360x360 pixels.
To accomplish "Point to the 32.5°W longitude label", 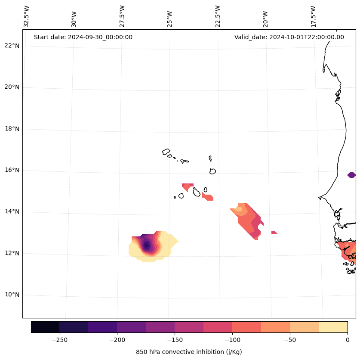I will coord(27,16).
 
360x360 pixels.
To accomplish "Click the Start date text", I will coord(83,37).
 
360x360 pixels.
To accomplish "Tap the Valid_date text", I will coord(289,37).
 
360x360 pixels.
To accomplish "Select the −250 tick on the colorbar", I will coord(59,340).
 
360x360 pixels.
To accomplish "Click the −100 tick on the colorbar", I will coord(232,340).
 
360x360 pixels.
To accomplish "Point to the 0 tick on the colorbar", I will coord(347,340).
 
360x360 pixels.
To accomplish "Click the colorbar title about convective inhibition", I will coord(189,352).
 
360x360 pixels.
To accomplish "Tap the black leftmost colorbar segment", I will coord(45,327).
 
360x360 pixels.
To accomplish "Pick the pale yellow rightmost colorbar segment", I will coord(333,327).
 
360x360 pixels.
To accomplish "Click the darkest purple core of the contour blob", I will coord(146,245).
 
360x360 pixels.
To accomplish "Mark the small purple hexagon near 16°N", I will coord(351,175).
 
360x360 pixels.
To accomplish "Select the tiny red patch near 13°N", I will coord(274,233).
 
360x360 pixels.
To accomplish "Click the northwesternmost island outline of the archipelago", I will coord(166,152).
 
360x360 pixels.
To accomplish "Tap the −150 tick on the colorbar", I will coord(175,340).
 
